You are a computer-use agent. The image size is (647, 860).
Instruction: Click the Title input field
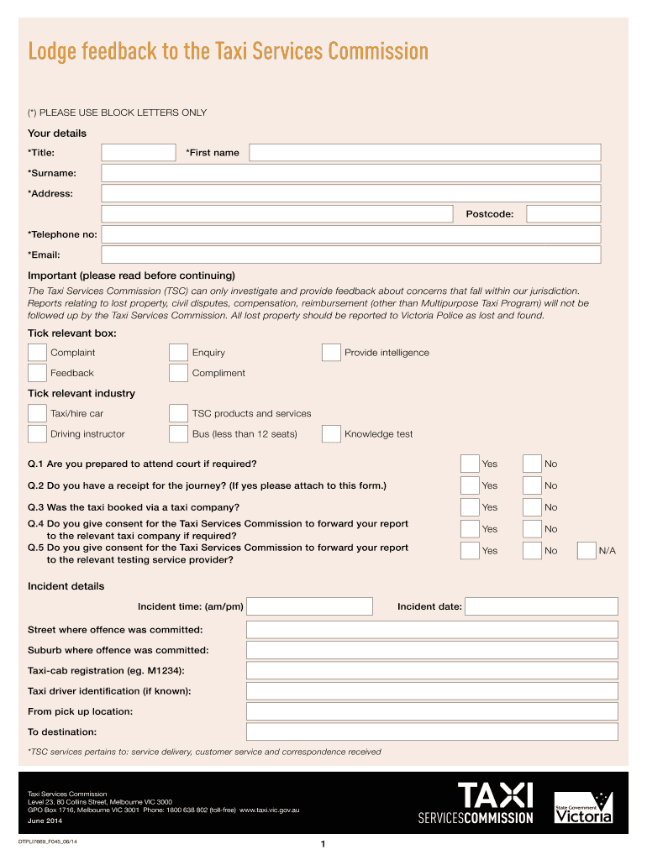click(x=138, y=153)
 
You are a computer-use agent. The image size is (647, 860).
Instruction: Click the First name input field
click(x=424, y=153)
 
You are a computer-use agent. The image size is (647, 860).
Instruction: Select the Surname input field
click(x=350, y=173)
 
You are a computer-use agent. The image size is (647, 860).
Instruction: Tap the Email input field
click(x=350, y=254)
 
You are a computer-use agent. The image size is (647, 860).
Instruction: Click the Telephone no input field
click(x=350, y=234)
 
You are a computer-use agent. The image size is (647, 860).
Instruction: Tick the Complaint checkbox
click(x=37, y=353)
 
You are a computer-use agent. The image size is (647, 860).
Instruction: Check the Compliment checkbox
click(x=178, y=373)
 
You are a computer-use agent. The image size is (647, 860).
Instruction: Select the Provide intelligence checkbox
click(x=331, y=353)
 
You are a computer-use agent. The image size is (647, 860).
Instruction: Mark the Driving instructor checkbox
click(x=37, y=434)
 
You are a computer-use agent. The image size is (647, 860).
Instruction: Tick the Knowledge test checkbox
click(x=331, y=434)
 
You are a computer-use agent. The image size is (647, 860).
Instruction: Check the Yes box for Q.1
click(x=470, y=464)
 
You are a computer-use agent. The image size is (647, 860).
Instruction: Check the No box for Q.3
click(x=532, y=507)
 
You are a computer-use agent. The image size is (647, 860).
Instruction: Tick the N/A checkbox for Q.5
click(x=587, y=551)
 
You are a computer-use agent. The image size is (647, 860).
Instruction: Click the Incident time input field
click(x=309, y=606)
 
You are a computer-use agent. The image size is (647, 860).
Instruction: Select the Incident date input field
click(x=541, y=606)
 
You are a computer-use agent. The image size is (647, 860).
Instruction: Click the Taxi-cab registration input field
click(x=431, y=670)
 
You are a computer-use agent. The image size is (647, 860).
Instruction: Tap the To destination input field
click(x=431, y=732)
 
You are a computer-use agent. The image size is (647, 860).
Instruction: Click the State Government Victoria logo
click(x=583, y=808)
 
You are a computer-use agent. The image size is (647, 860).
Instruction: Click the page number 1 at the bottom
click(x=323, y=844)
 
